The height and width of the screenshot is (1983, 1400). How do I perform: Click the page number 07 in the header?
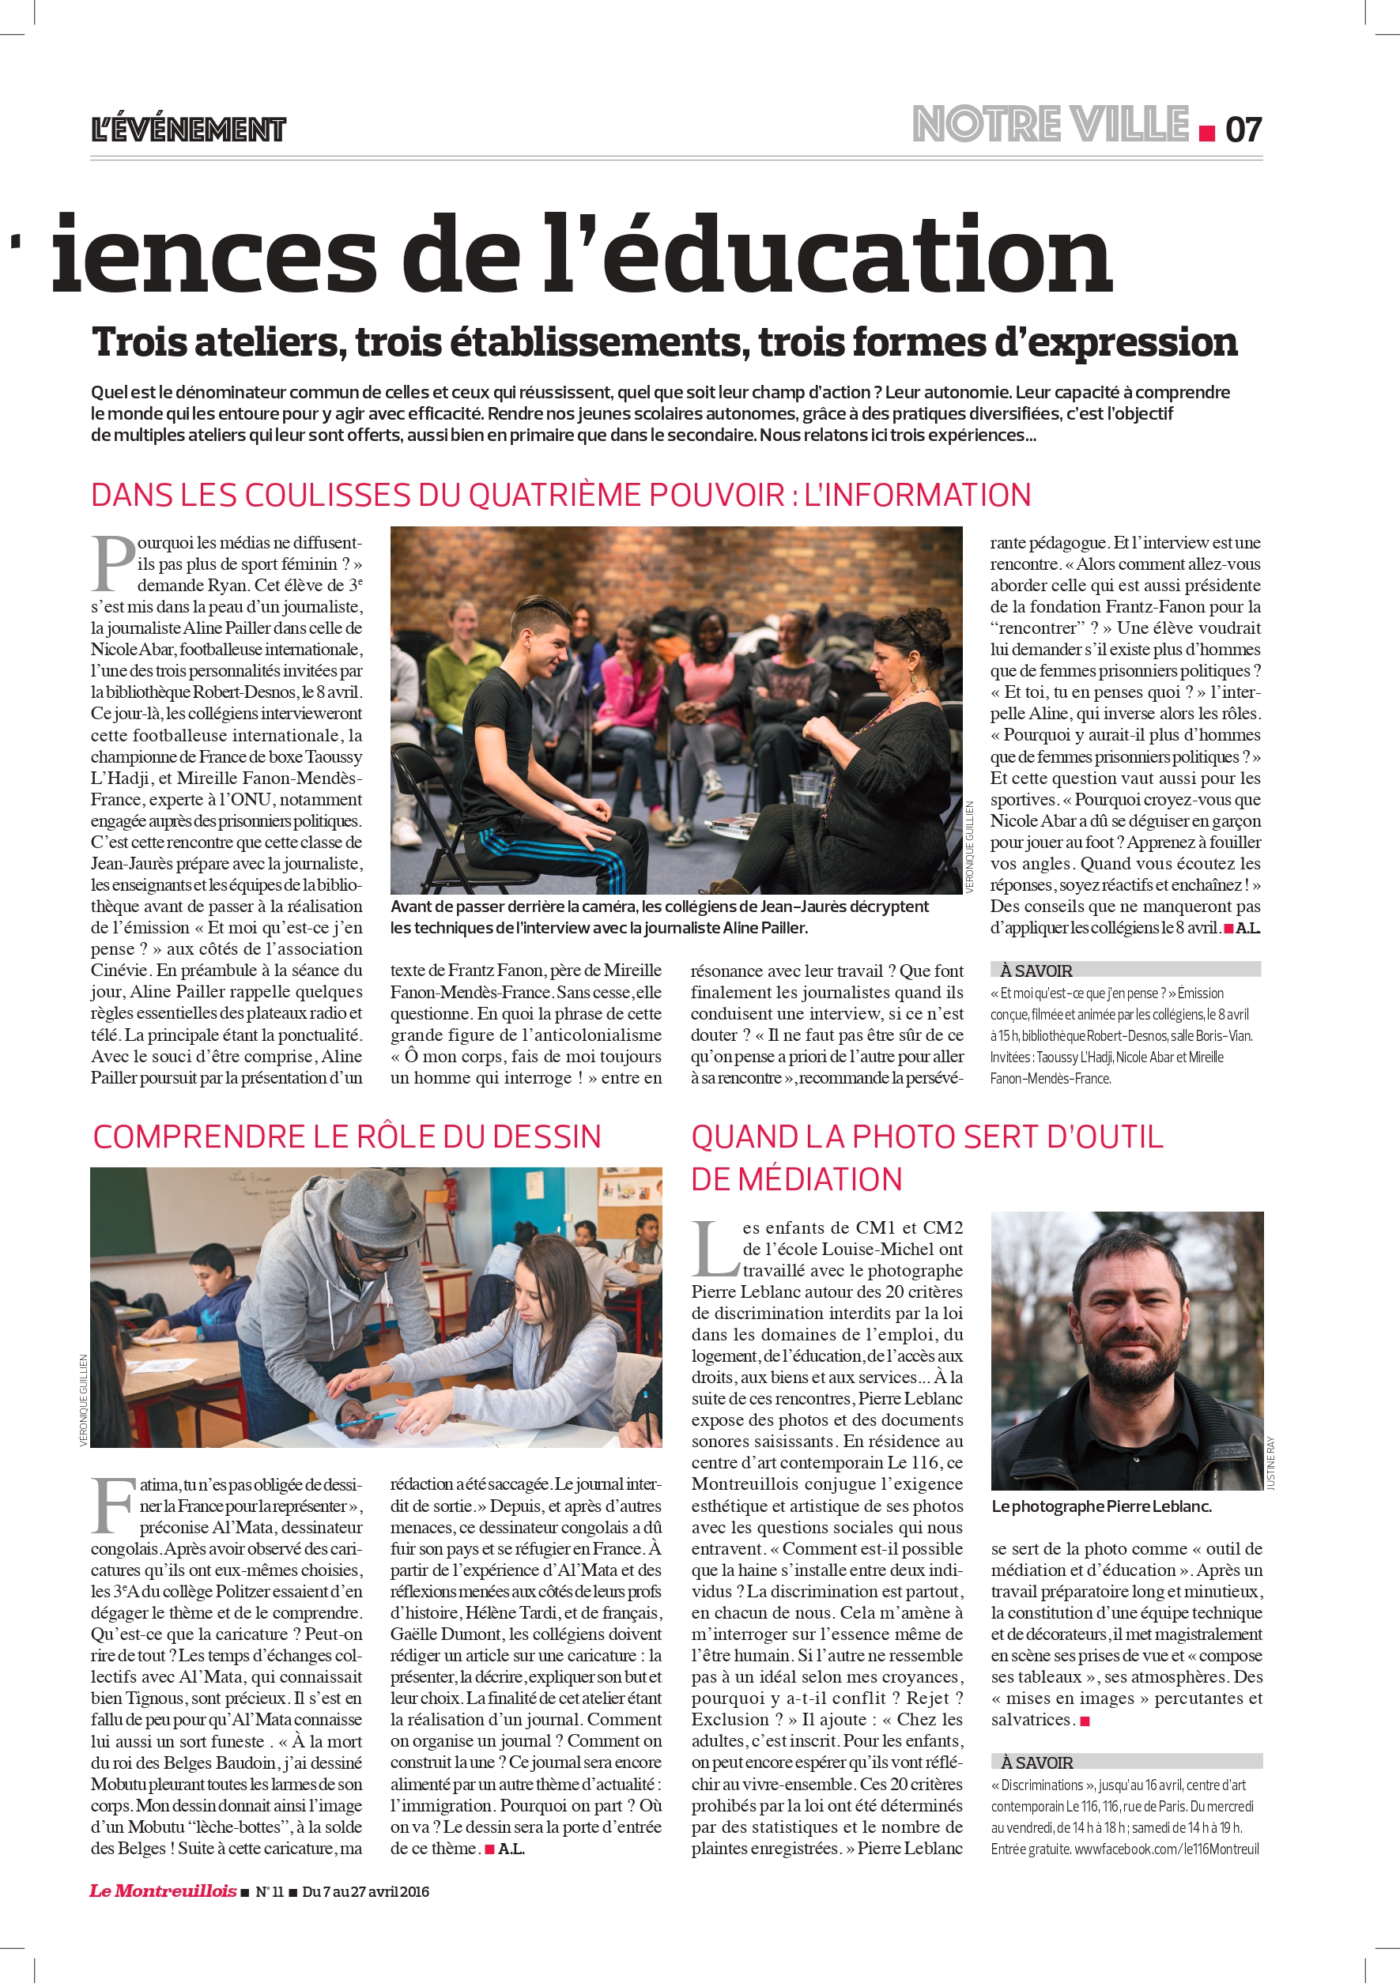pos(1243,130)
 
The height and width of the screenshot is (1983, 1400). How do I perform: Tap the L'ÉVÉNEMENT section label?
pos(188,130)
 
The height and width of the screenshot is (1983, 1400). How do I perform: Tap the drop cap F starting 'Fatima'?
pos(112,1506)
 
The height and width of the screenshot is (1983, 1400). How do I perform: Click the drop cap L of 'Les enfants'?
pos(715,1248)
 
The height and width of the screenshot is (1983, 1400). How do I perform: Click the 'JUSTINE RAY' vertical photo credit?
pos(1270,1463)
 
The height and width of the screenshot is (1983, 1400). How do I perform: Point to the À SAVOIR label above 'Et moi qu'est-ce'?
pos(1036,971)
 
